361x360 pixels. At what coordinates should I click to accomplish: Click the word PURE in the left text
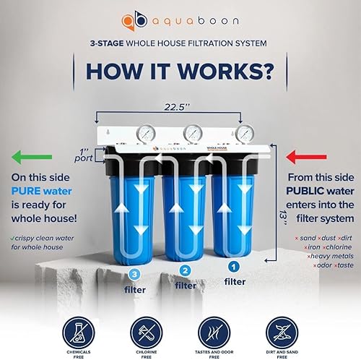point(27,192)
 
